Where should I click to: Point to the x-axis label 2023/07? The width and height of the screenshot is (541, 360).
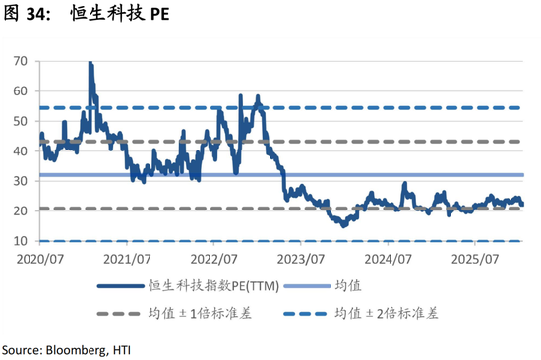tap(302, 259)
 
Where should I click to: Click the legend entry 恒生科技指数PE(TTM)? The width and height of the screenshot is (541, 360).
tap(207, 287)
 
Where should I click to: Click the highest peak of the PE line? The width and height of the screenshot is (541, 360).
tap(90, 63)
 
